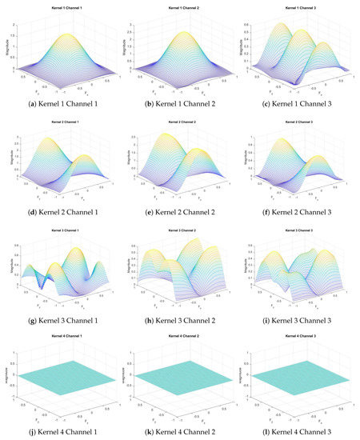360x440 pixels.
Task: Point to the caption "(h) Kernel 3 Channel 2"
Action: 179,321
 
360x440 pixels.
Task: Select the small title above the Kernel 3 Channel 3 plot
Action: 299,232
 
